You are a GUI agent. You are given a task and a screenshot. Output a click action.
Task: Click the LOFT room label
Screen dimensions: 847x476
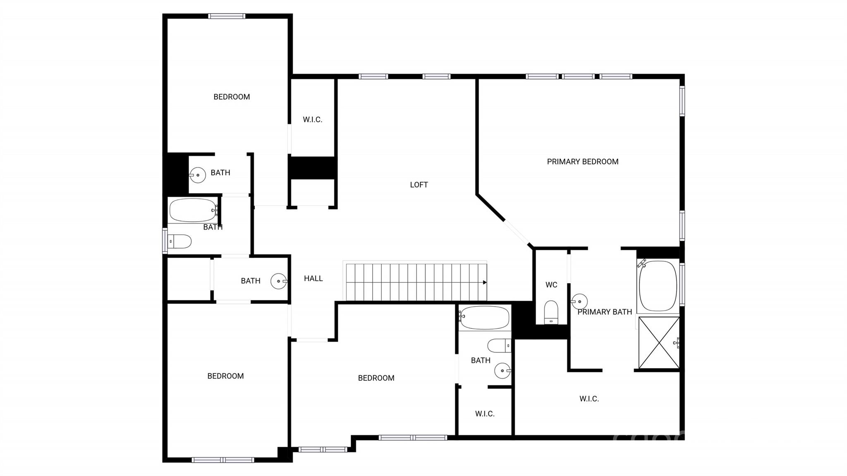(x=419, y=185)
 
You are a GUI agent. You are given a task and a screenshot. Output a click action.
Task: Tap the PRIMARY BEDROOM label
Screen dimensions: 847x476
(x=583, y=162)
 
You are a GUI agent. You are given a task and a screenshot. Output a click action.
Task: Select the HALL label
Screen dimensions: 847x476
(x=313, y=279)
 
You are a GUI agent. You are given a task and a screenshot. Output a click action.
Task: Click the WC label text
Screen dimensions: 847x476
(x=551, y=285)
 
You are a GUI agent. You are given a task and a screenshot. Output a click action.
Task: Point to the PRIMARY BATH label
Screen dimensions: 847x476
(x=605, y=312)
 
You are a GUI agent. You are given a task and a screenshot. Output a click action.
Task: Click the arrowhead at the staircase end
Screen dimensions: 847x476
(x=485, y=282)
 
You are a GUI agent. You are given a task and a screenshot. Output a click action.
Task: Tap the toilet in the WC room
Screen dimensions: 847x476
(x=551, y=312)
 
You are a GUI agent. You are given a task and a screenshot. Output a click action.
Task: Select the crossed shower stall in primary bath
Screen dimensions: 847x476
(x=659, y=343)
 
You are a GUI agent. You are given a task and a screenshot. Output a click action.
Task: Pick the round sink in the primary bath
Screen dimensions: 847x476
(x=579, y=301)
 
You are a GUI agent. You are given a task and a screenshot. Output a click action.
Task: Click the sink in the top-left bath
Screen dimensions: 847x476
(x=198, y=175)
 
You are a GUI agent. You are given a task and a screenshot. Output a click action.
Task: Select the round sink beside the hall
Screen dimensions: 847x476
(x=279, y=281)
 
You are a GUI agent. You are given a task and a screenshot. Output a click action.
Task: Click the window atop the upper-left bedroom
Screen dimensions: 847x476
(x=227, y=16)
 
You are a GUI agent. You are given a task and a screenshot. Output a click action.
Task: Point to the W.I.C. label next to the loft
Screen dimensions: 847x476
(x=312, y=120)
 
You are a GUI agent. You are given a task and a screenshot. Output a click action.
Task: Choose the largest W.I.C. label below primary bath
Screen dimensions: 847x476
(x=589, y=399)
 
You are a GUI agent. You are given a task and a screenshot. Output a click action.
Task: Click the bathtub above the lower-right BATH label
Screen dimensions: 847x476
(x=484, y=318)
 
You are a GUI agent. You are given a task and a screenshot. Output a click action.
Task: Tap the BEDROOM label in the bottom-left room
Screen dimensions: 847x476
(x=225, y=376)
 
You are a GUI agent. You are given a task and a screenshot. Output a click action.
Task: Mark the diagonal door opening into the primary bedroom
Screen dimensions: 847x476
(x=517, y=234)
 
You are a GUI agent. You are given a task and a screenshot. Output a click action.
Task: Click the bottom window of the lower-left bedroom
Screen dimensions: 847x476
(x=223, y=460)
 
